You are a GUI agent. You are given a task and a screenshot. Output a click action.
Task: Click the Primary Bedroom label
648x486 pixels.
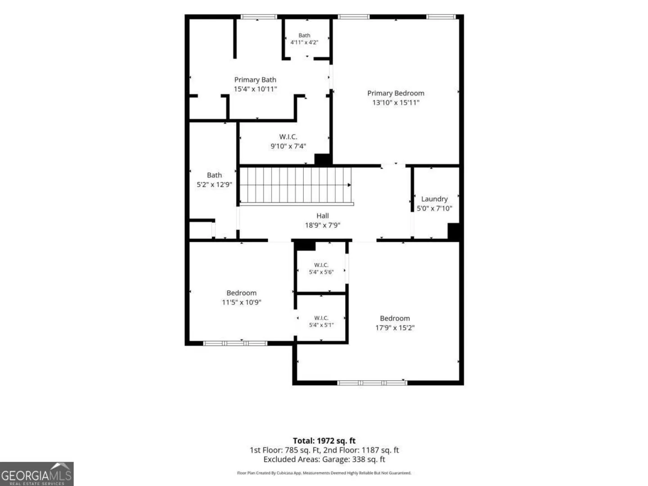tap(396, 93)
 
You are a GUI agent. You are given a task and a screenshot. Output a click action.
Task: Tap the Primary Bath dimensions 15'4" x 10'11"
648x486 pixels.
tap(255, 89)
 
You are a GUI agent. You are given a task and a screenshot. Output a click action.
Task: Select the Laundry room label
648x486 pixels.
tap(434, 199)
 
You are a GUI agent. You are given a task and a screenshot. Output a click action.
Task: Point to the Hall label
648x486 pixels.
tap(322, 216)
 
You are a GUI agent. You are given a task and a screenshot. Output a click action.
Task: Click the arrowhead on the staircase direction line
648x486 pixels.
tap(349, 184)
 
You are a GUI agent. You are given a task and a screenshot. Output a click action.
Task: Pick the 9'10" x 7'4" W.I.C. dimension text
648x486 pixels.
tap(288, 146)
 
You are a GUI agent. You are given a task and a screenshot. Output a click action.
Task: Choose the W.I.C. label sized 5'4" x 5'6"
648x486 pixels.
tap(321, 265)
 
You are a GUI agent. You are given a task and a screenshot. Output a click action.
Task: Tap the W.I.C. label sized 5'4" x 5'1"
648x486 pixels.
tap(321, 318)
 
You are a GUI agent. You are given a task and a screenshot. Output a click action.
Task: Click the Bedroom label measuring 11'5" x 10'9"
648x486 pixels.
tap(242, 293)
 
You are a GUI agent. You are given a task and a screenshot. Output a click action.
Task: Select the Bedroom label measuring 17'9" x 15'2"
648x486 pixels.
tap(395, 319)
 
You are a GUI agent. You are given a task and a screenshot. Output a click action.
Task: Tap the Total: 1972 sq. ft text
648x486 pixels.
tap(324, 441)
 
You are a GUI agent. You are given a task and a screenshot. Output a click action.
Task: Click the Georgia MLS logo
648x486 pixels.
tap(36, 474)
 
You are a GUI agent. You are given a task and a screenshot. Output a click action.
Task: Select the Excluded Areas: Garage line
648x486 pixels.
tap(324, 459)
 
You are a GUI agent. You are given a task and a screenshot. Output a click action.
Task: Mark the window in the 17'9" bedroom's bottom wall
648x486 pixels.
tap(372, 382)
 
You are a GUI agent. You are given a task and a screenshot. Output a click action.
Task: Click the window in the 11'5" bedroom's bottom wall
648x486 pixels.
tap(235, 343)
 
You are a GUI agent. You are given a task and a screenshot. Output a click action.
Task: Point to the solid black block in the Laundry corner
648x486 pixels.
tap(454, 232)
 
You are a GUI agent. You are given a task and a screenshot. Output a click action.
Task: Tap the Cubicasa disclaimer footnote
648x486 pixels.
tap(324, 472)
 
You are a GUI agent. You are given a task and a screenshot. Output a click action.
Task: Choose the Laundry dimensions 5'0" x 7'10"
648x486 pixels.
tap(434, 208)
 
